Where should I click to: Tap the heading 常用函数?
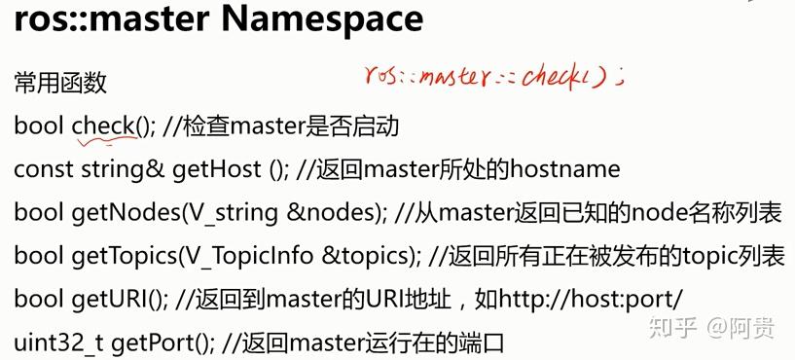(x=59, y=84)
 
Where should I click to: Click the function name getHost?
(x=217, y=169)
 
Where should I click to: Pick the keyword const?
(x=40, y=169)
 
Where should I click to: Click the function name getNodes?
(x=116, y=212)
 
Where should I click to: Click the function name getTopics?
(x=120, y=255)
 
